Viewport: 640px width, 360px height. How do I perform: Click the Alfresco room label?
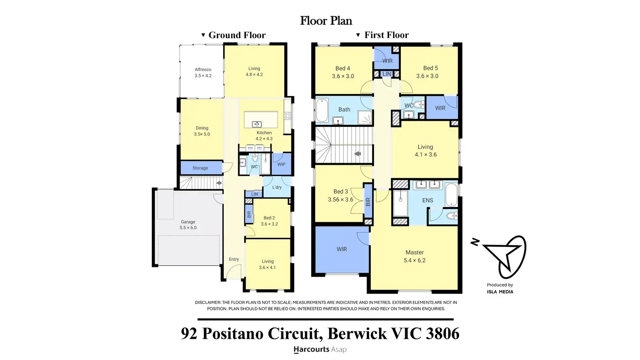[203, 70]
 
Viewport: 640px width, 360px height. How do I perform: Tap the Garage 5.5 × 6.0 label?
[188, 225]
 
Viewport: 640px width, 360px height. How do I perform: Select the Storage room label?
[200, 168]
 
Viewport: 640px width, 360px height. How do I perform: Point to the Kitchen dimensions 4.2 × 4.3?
[264, 139]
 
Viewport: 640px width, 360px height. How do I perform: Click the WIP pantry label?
[281, 164]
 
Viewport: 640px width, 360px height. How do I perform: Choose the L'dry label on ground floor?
[277, 187]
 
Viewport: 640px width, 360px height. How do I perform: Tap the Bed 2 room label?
[269, 218]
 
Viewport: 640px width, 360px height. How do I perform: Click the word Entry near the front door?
[234, 260]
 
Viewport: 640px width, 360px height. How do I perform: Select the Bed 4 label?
[343, 68]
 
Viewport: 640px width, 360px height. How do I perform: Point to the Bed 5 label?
[430, 68]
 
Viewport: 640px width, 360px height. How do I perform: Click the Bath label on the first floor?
[344, 110]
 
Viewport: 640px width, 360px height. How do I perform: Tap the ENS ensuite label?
[427, 200]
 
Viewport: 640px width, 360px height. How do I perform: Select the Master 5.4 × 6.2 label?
[414, 257]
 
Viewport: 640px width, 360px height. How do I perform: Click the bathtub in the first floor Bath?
[322, 110]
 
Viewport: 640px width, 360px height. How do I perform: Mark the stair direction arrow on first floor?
[357, 154]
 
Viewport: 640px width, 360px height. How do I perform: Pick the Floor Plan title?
[326, 21]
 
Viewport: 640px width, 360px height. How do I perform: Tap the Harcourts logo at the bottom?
[320, 350]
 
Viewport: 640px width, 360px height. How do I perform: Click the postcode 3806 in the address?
[443, 333]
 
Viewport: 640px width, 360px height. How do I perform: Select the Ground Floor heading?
[237, 35]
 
